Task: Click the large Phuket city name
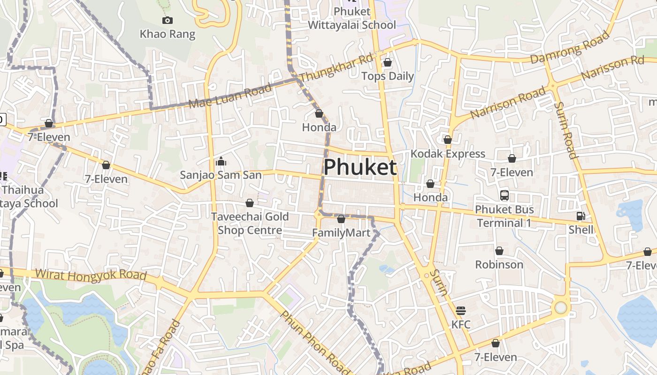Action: [360, 167]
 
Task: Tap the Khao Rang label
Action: [167, 34]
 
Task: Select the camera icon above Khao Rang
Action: [167, 20]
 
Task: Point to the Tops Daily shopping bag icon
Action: [388, 62]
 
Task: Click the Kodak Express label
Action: [448, 154]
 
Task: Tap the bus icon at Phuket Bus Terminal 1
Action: [504, 195]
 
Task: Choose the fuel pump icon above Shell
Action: [581, 216]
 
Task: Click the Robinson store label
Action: [499, 264]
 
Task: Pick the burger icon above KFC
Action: [460, 311]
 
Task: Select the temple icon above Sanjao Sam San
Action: [221, 162]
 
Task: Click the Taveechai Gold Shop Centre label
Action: [250, 224]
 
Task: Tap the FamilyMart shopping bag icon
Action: [341, 219]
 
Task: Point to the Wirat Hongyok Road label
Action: [91, 275]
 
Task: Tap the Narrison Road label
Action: [508, 102]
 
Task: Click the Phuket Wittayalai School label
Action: [351, 18]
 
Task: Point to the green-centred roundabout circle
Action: [561, 307]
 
